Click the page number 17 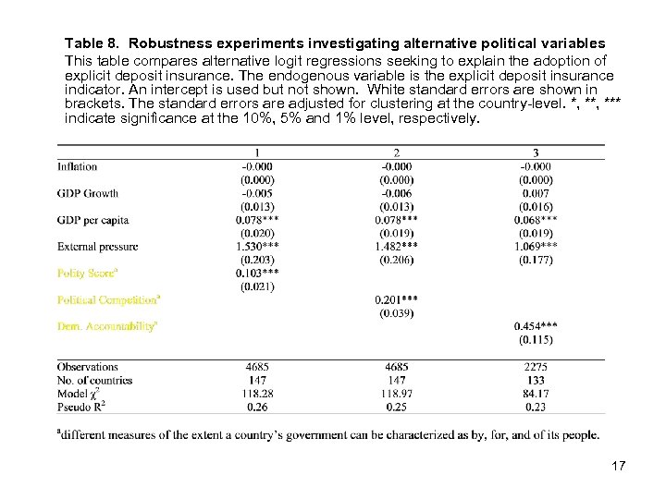[x=618, y=466]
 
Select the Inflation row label [x=77, y=166]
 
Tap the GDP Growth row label [x=88, y=193]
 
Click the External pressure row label [x=97, y=247]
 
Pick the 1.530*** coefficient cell [x=256, y=247]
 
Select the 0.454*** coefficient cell [x=536, y=326]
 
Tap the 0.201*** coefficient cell [x=396, y=299]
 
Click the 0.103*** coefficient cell [x=256, y=273]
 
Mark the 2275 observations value [x=536, y=367]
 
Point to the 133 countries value [x=536, y=380]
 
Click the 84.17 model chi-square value [x=536, y=393]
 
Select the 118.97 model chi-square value [x=396, y=393]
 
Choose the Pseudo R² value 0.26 [x=256, y=406]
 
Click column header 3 [x=536, y=152]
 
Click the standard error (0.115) [x=536, y=340]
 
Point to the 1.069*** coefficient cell [x=536, y=247]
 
